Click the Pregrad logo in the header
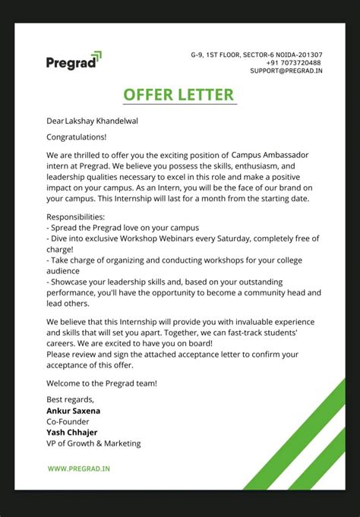[73, 61]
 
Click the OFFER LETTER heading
[179, 94]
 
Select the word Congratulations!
[77, 137]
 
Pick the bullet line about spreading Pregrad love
[122, 227]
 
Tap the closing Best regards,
[71, 399]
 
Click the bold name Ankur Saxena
[73, 411]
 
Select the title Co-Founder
[68, 421]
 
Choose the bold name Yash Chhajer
[71, 433]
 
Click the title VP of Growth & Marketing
[93, 443]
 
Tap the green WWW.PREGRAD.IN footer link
[79, 469]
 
